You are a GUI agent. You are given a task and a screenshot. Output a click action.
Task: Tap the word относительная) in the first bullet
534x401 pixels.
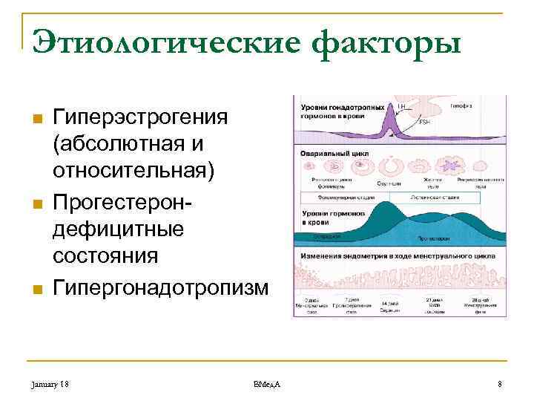(x=133, y=171)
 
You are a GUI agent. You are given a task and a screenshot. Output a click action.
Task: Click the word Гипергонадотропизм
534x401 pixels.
(x=160, y=287)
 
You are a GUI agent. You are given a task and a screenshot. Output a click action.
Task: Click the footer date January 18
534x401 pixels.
(x=51, y=383)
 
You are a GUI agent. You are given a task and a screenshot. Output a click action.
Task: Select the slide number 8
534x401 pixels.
(x=500, y=383)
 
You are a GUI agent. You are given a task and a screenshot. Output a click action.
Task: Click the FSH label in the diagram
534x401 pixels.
(x=423, y=122)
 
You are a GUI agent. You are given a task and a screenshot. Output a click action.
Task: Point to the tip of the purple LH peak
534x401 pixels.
(x=392, y=106)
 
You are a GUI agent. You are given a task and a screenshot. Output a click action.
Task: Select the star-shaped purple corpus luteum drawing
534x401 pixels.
(x=449, y=165)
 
